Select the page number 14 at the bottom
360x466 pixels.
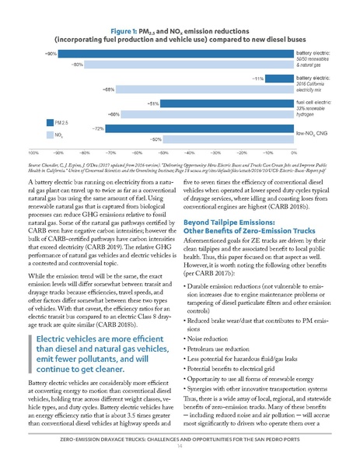[x=180, y=458]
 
